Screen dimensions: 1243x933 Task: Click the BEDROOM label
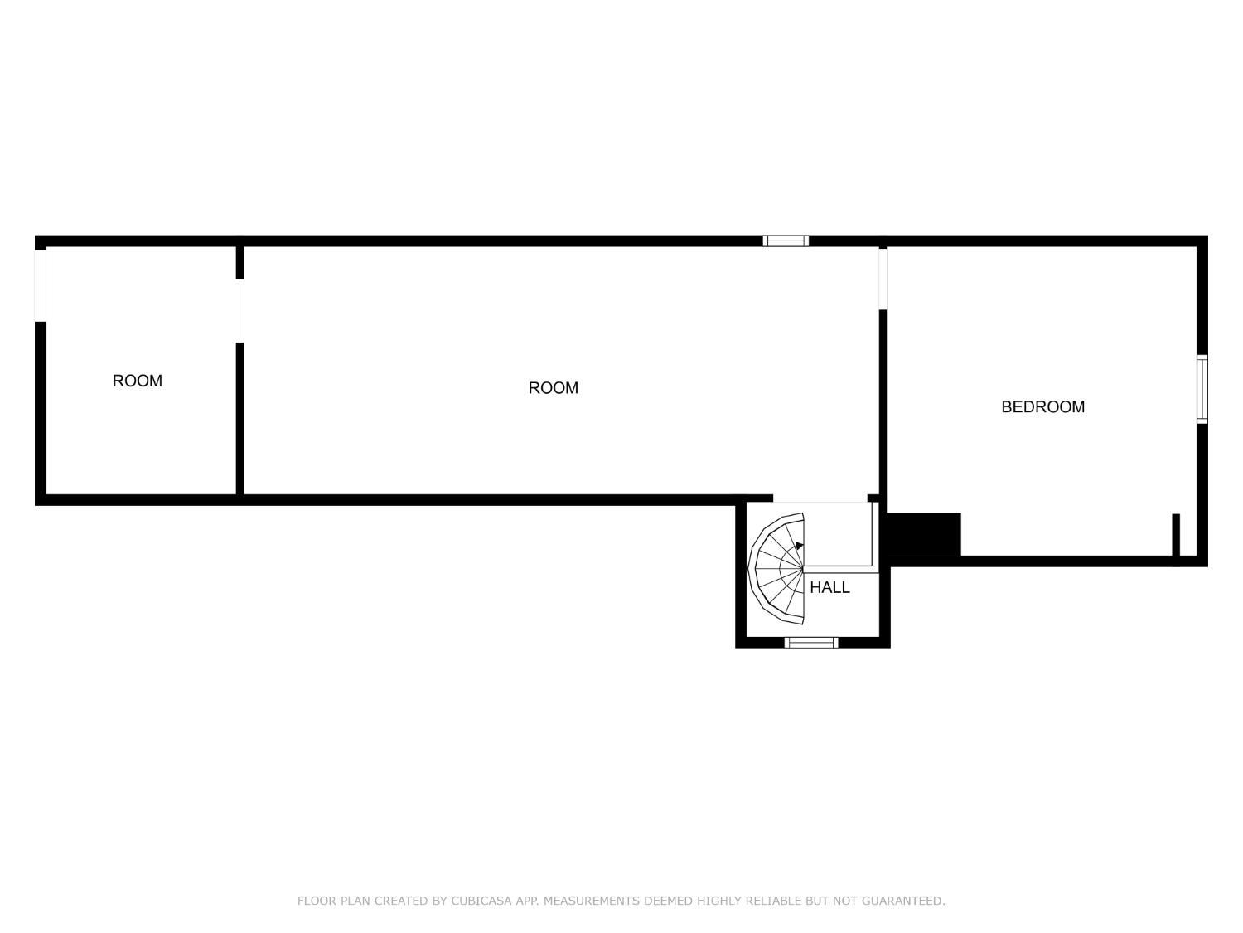pyautogui.click(x=1042, y=406)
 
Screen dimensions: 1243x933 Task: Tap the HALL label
pyautogui.click(x=829, y=587)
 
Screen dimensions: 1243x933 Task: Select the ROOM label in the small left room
pyautogui.click(x=137, y=381)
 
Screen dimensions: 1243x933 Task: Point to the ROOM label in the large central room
pyautogui.click(x=554, y=388)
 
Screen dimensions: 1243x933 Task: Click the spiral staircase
pyautogui.click(x=776, y=569)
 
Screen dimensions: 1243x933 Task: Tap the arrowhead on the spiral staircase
pyautogui.click(x=799, y=546)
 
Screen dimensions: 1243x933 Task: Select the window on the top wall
pyautogui.click(x=785, y=241)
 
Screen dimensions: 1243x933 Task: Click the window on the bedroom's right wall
pyautogui.click(x=1202, y=389)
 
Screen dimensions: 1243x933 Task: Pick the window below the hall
pyautogui.click(x=811, y=643)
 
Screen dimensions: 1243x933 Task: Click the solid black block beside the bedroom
pyautogui.click(x=924, y=534)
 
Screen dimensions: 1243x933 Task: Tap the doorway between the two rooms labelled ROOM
pyautogui.click(x=239, y=310)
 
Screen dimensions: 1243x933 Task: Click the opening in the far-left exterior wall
pyautogui.click(x=41, y=285)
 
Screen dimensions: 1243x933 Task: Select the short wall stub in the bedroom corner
pyautogui.click(x=1176, y=535)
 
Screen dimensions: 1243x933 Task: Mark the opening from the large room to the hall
pyautogui.click(x=820, y=498)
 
